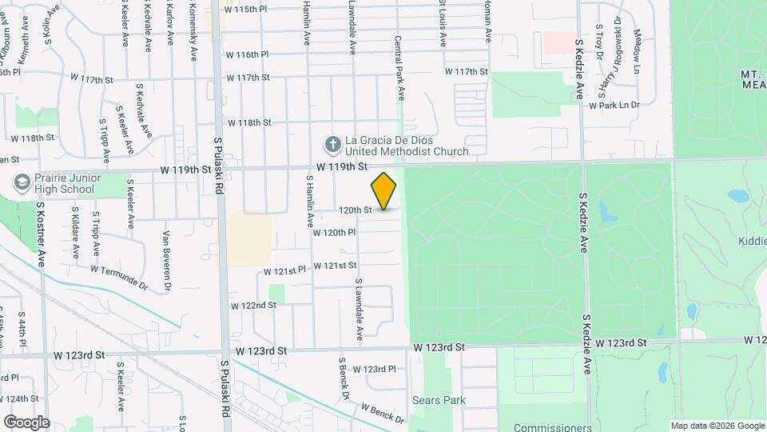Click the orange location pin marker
tap(384, 191)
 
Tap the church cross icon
tap(332, 145)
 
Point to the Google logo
tap(26, 422)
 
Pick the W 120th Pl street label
tap(334, 233)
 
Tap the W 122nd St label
tap(253, 306)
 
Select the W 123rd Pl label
tap(374, 370)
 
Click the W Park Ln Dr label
tap(614, 105)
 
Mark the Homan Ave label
tap(485, 22)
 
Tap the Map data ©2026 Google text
tap(717, 426)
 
